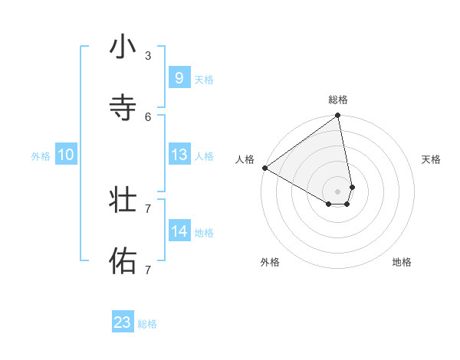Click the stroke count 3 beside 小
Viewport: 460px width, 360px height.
[148, 56]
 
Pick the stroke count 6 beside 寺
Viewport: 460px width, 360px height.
[148, 116]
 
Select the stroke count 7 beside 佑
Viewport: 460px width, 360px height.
[148, 270]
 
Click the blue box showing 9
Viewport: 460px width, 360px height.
[179, 78]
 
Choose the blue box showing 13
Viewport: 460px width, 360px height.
[179, 155]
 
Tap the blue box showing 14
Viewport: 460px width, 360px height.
[179, 231]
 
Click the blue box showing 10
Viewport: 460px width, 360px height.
[66, 155]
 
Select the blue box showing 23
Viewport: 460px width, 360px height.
[123, 322]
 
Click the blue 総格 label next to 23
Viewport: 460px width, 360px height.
[147, 324]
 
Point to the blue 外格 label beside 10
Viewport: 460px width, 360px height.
[41, 156]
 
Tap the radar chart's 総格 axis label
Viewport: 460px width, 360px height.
[338, 100]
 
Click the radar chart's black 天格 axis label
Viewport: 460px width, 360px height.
[431, 159]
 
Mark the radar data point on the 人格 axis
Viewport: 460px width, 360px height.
[264, 168]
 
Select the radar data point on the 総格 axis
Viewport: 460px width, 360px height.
[338, 116]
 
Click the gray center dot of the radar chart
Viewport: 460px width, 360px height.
[338, 191]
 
